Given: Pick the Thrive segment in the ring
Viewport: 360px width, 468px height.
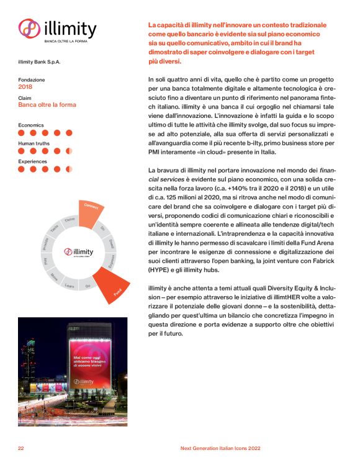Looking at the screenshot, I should click(70, 220).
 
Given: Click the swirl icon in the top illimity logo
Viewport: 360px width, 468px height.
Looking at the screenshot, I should click(29, 29).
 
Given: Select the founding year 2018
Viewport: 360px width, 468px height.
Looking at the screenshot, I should click(26, 87).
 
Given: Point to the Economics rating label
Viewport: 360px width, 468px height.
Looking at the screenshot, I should click(30, 125).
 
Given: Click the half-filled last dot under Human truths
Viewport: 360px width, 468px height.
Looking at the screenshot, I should click(69, 150).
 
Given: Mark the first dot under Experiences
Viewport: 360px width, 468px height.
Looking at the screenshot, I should click(22, 169).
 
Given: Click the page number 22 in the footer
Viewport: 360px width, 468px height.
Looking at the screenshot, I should click(21, 448).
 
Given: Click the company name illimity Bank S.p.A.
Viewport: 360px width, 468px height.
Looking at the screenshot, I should click(40, 61).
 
